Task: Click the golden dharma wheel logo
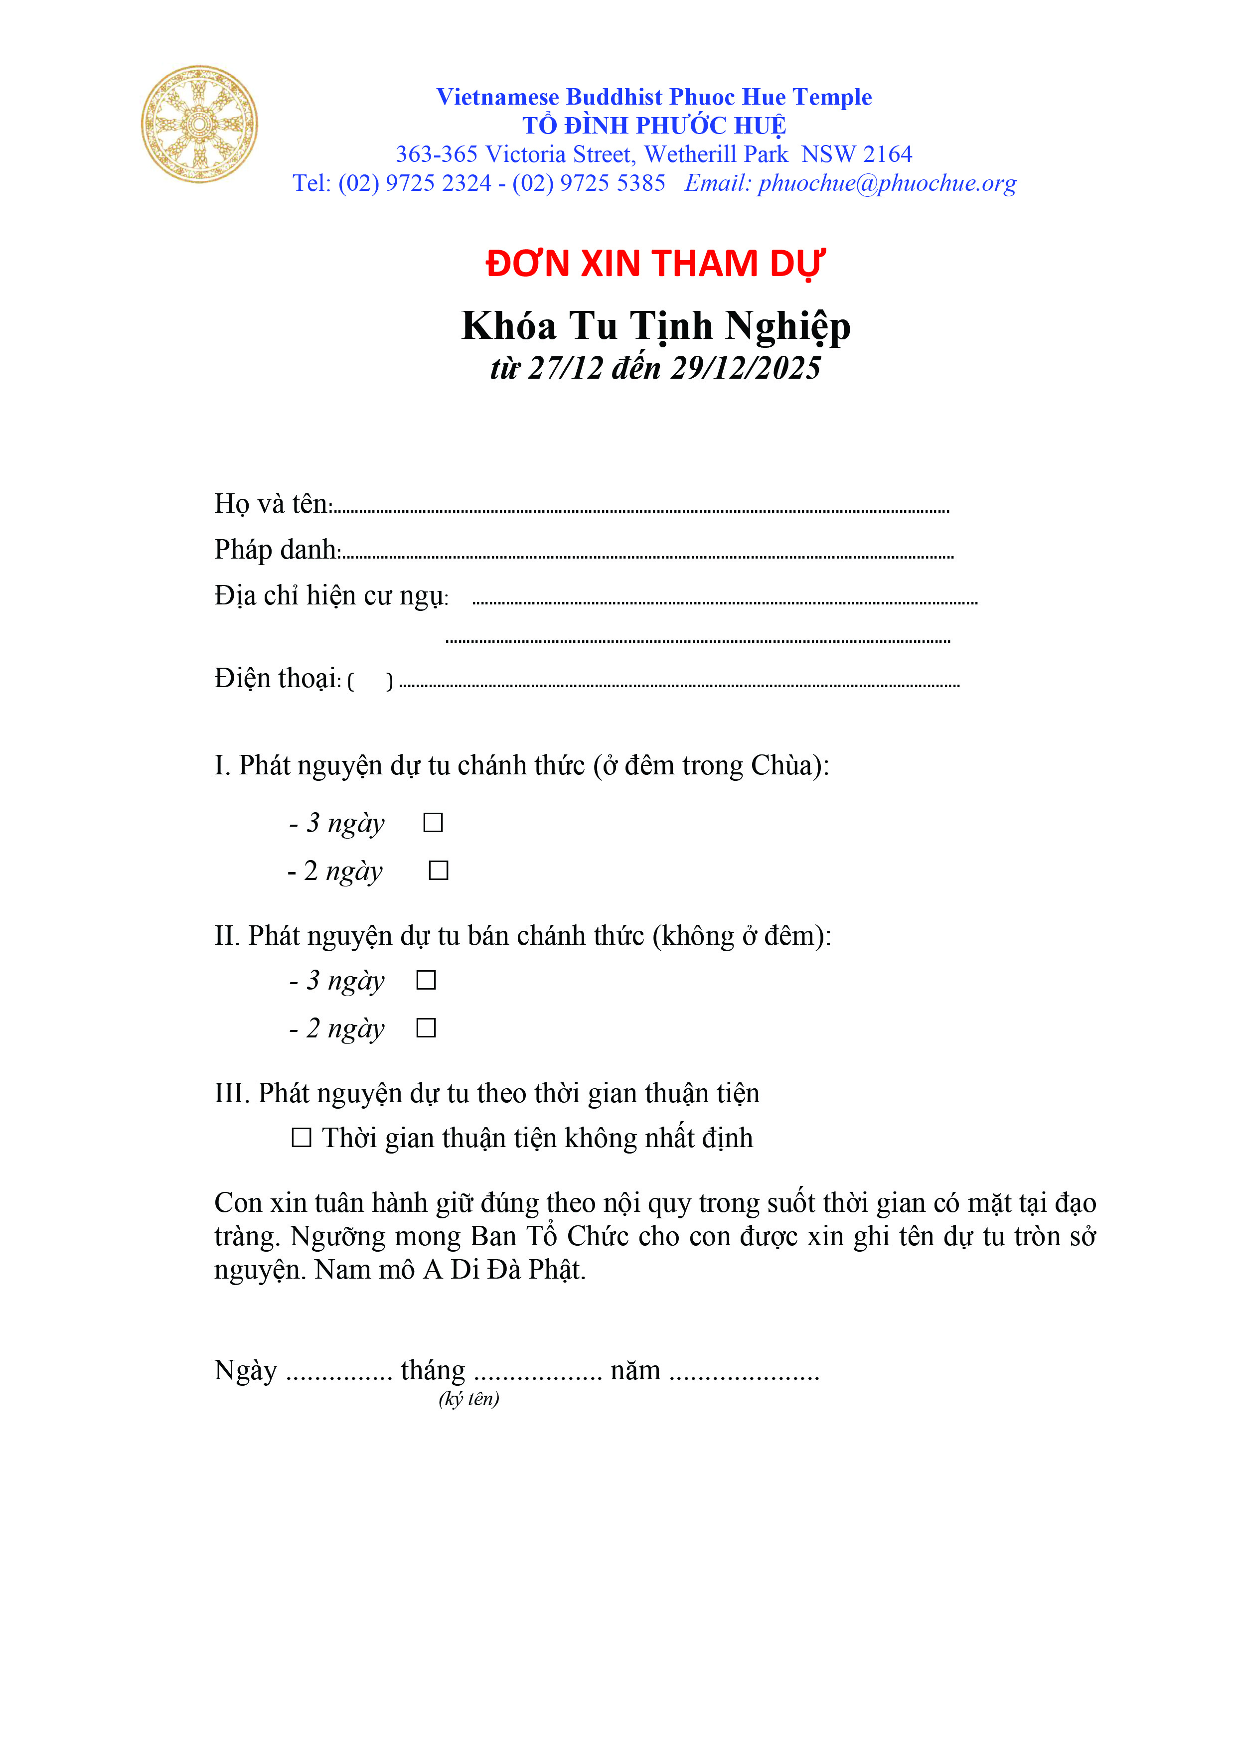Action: point(199,124)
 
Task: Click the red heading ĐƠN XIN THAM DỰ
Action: point(655,264)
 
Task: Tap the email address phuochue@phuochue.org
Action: point(887,183)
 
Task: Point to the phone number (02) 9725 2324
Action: point(415,183)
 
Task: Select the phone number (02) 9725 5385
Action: point(589,183)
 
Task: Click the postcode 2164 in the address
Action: point(887,154)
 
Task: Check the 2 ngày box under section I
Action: point(438,870)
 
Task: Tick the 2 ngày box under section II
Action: point(426,1028)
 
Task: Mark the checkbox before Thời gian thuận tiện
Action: point(302,1138)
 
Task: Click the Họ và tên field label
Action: point(272,504)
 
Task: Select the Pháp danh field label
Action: point(277,550)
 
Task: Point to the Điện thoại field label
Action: point(277,678)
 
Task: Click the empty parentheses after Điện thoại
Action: point(370,681)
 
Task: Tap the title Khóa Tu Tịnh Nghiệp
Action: point(656,326)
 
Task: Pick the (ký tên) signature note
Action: point(468,1399)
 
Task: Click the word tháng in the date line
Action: point(433,1370)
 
